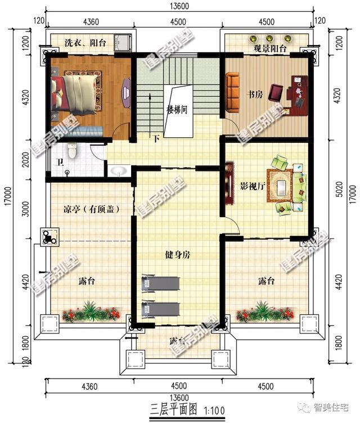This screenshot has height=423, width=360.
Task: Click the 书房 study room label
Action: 255,94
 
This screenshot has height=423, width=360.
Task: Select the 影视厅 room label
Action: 253,185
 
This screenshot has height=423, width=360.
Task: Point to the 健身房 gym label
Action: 178,255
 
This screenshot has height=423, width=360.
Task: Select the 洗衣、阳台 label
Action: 84,43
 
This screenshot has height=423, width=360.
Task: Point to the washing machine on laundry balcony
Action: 123,42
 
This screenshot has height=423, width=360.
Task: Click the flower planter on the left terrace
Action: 92,311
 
